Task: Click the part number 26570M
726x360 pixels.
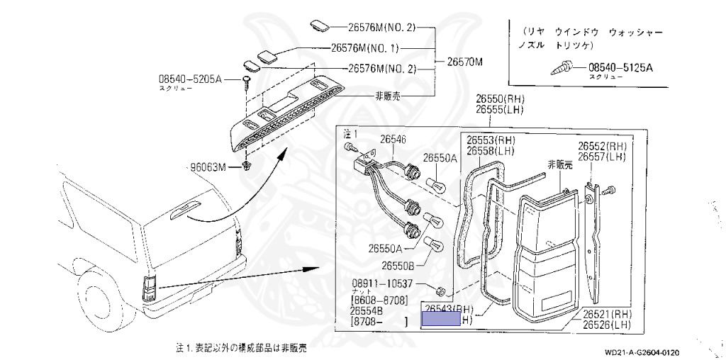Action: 464,62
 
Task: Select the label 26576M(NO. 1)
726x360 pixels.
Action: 365,49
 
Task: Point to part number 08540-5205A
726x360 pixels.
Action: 190,80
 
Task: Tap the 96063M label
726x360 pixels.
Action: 206,167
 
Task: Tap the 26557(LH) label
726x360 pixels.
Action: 601,156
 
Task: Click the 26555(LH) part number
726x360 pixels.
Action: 500,111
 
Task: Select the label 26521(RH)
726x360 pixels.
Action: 607,313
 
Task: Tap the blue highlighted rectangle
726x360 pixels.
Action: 440,320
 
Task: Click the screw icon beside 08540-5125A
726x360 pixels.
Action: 564,68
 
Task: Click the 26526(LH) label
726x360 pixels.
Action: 607,325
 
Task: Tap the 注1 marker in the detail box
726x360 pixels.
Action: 351,133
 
